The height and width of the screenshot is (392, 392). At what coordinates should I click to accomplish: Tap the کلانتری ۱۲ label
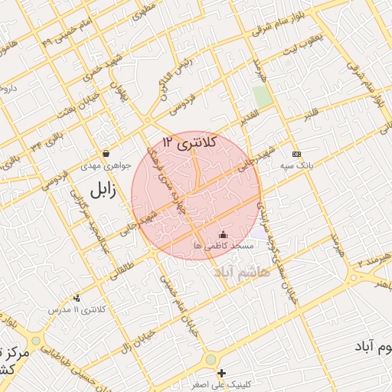point(190,142)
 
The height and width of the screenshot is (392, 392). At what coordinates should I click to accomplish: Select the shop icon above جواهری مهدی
point(105,153)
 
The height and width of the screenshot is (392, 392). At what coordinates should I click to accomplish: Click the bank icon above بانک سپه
point(296,153)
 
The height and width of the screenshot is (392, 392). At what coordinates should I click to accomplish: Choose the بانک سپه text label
point(296,165)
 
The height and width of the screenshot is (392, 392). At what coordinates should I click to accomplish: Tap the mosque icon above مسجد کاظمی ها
point(223,234)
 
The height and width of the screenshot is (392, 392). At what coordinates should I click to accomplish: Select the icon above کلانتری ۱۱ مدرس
point(77,298)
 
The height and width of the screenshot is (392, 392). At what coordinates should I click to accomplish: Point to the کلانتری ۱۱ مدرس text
point(77,310)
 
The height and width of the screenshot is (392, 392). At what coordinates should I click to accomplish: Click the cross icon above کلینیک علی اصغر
point(222,373)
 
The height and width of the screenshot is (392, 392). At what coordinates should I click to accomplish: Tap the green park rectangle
point(263,97)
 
